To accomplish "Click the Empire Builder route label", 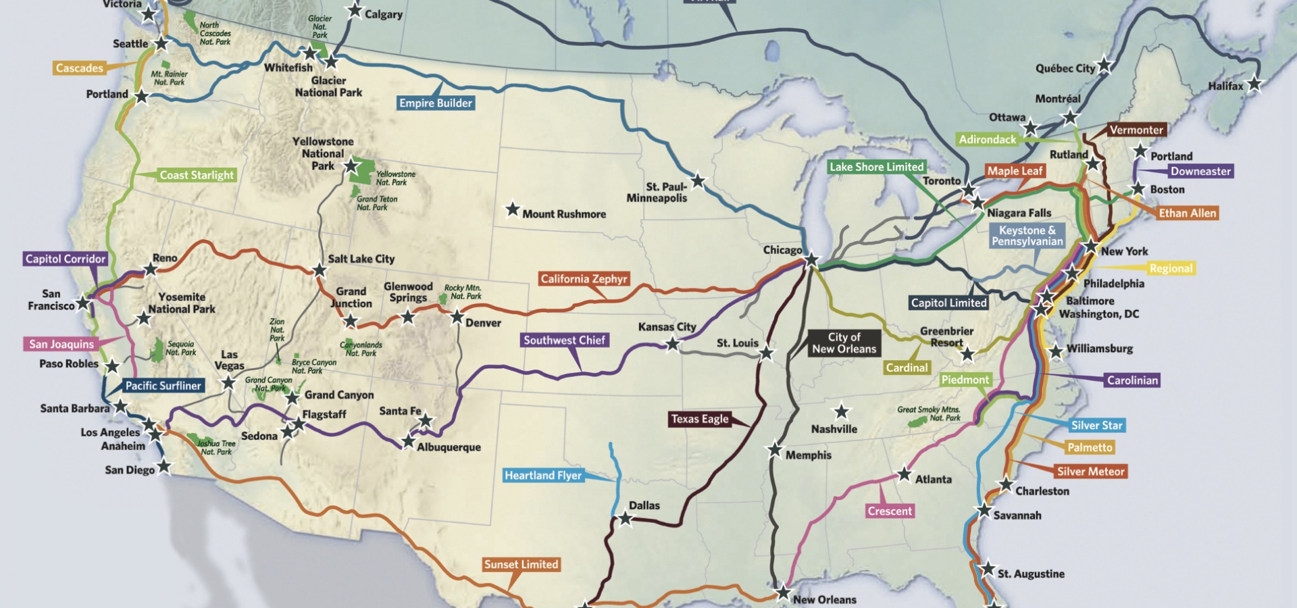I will pyautogui.click(x=436, y=103).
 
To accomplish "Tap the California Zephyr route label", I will pyautogui.click(x=584, y=279).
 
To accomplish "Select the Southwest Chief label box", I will pyautogui.click(x=564, y=340).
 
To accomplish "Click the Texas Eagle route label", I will pyautogui.click(x=700, y=419).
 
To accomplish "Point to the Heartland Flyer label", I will pyautogui.click(x=543, y=476).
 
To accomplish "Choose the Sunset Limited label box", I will pyautogui.click(x=521, y=565).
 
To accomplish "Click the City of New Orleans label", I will pyautogui.click(x=844, y=343).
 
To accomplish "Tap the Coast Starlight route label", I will pyautogui.click(x=197, y=176).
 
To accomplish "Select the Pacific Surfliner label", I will pyautogui.click(x=163, y=386).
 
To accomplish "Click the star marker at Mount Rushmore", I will pyautogui.click(x=513, y=209).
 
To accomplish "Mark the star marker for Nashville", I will pyautogui.click(x=841, y=411).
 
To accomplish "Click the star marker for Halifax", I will pyautogui.click(x=1254, y=84).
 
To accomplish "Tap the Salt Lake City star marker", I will pyautogui.click(x=320, y=271).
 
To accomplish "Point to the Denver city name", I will pyautogui.click(x=483, y=324).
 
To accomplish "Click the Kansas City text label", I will pyautogui.click(x=667, y=327).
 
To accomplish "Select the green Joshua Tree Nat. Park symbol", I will pyautogui.click(x=193, y=439).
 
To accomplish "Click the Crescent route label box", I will pyautogui.click(x=890, y=511).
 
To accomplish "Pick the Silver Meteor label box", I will pyautogui.click(x=1090, y=472).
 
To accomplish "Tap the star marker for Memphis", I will pyautogui.click(x=775, y=449).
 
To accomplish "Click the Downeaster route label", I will pyautogui.click(x=1200, y=172).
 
